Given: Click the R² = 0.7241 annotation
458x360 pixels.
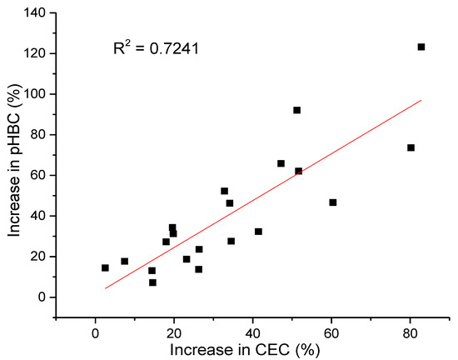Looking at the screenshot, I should pos(156,49).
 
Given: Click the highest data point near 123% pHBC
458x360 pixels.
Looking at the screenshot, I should pos(421,47).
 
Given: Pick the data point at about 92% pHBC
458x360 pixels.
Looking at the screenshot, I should pos(296,110).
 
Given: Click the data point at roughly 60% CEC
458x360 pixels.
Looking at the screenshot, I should pos(333,202).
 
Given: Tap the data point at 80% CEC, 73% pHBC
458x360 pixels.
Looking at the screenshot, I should pos(411,147).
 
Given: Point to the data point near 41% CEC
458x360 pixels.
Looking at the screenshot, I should pos(258,232).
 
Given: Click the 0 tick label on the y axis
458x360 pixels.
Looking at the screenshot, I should pos(42,297).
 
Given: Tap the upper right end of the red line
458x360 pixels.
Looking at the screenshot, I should pos(421,100).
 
